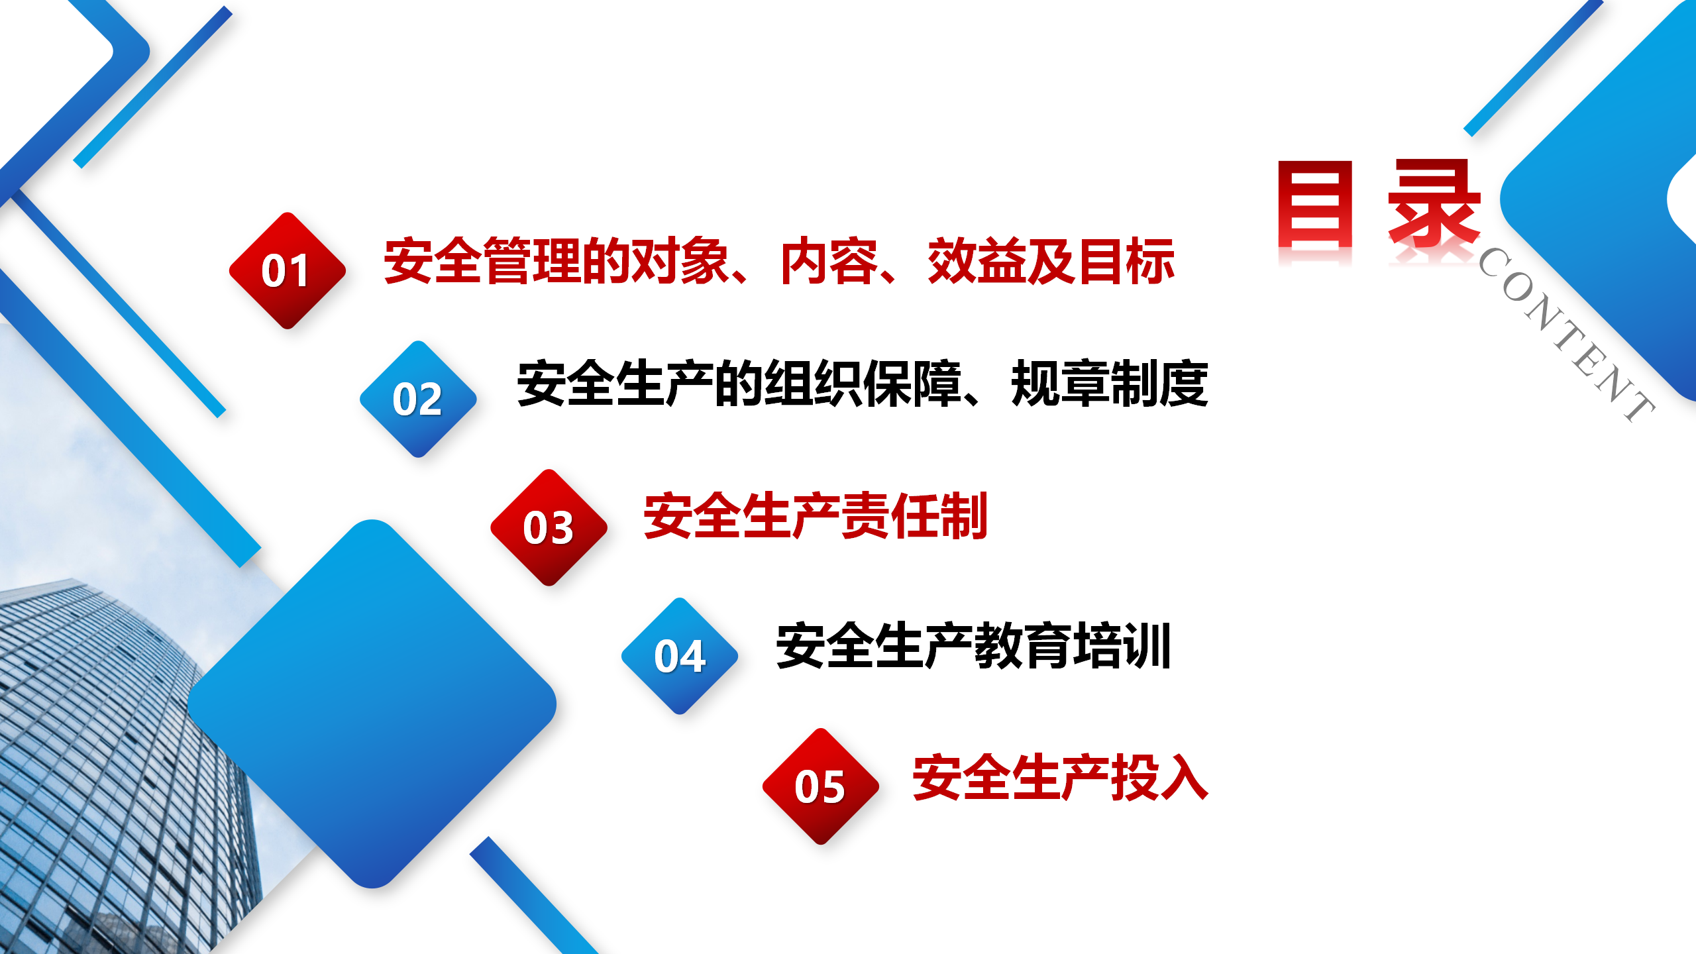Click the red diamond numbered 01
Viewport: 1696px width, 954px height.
pos(288,270)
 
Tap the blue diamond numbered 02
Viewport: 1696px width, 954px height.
pos(418,399)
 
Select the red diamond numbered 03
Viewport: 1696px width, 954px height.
pos(549,527)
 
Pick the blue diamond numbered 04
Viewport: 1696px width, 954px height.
pos(680,656)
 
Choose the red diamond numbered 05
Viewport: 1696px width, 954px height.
pos(821,786)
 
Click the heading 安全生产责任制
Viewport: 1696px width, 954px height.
pos(816,516)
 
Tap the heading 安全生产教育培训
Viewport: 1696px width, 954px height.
pos(973,645)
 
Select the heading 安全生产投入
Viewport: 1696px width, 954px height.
pos(1061,777)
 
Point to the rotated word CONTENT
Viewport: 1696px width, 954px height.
pos(1566,335)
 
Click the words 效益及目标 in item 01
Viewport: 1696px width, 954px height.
pos(1051,261)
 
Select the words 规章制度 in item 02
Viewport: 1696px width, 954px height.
pos(1110,384)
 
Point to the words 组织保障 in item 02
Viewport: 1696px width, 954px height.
pos(863,384)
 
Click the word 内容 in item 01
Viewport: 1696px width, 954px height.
pos(830,261)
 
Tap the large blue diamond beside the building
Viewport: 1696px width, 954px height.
pos(372,704)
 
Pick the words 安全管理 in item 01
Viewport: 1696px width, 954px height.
pos(483,261)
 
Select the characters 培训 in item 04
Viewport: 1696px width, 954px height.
pos(1122,645)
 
